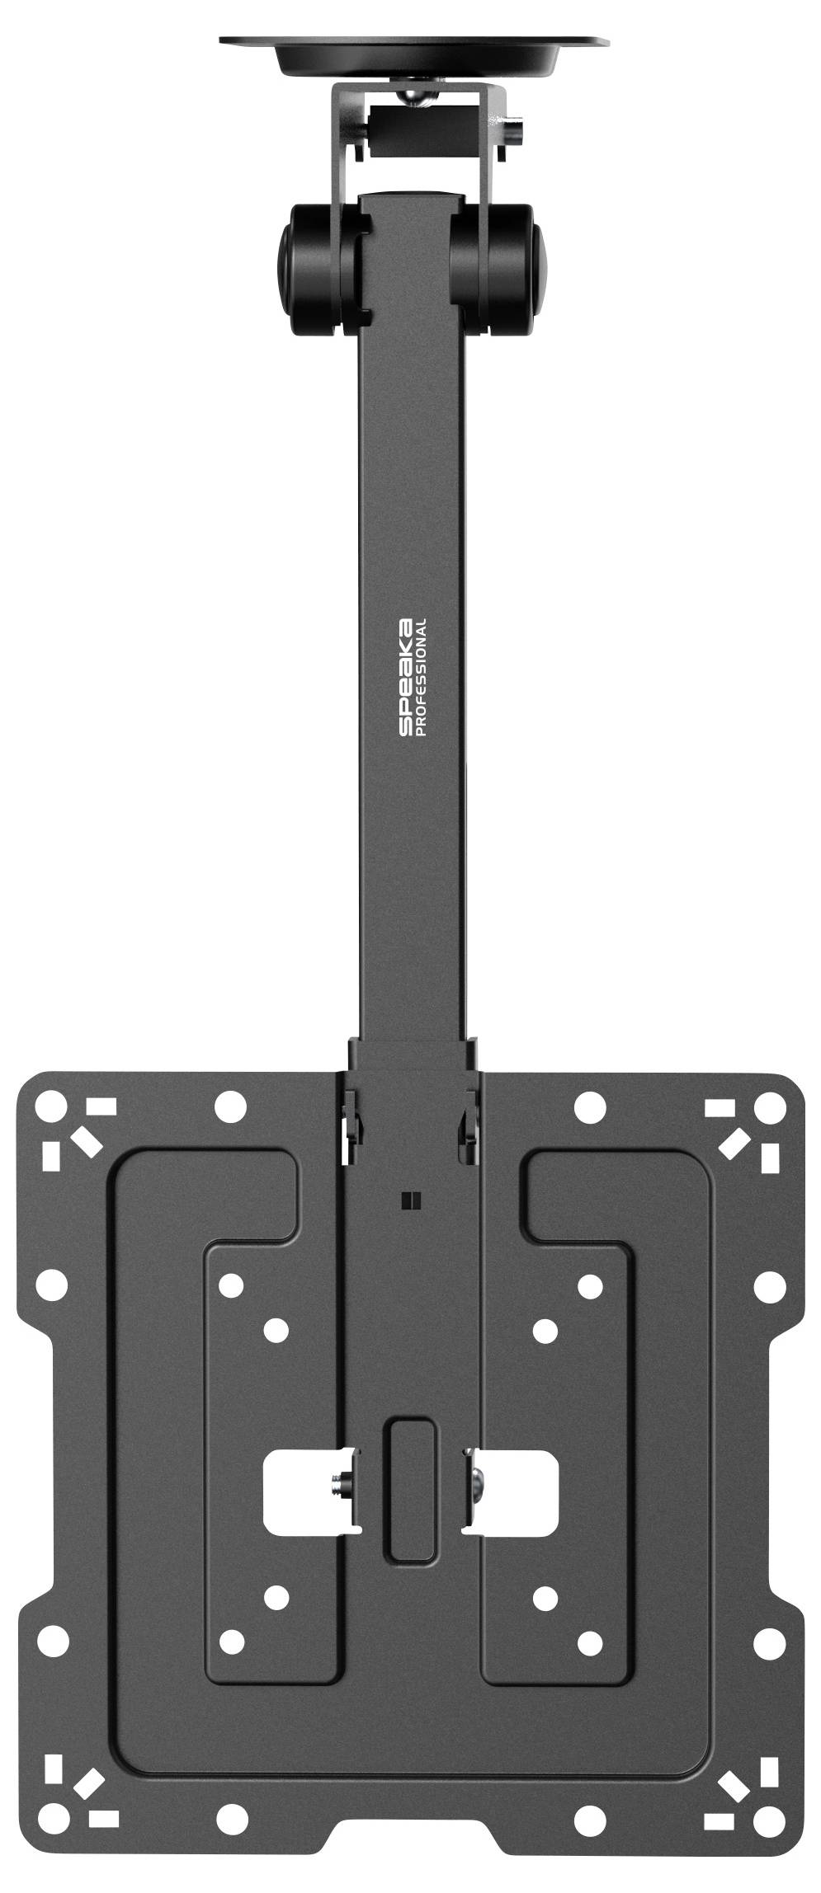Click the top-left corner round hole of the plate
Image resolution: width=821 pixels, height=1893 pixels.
[x=52, y=1103]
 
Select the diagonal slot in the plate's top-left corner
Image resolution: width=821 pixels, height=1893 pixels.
[x=84, y=1141]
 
